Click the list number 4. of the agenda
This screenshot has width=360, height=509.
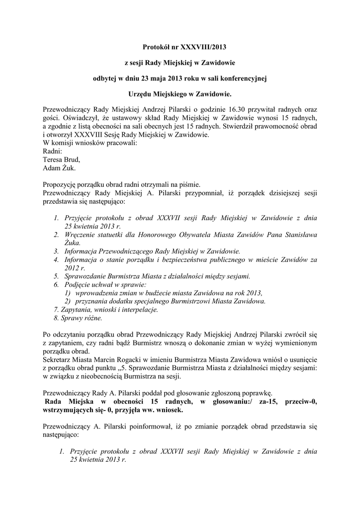tap(56, 259)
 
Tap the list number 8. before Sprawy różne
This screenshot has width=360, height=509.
tap(56, 318)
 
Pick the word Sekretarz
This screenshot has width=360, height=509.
tap(58, 359)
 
